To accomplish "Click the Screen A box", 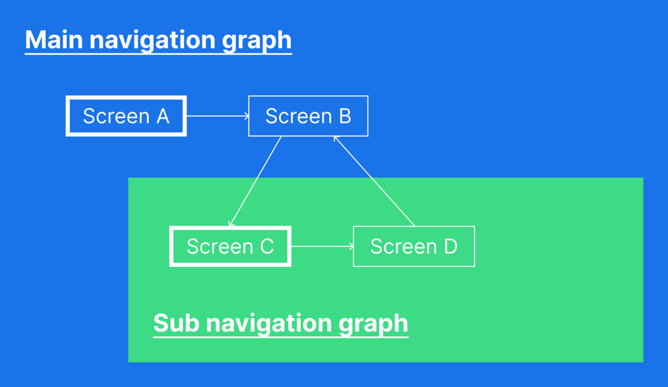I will tap(126, 116).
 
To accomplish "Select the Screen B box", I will tap(308, 116).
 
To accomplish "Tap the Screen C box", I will tap(230, 246).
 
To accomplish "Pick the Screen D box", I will tap(414, 246).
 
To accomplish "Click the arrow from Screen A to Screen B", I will tap(217, 116).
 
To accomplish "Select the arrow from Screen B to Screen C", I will tap(256, 181).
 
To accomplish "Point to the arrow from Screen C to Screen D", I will tap(322, 246).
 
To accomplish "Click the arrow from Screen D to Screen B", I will tap(374, 181).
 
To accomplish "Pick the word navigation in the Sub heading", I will tap(270, 323).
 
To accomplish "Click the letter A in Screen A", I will tap(162, 116).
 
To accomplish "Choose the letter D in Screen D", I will tap(450, 246).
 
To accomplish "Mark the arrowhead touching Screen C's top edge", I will tap(231, 224).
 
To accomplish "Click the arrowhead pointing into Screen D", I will tap(351, 246).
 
